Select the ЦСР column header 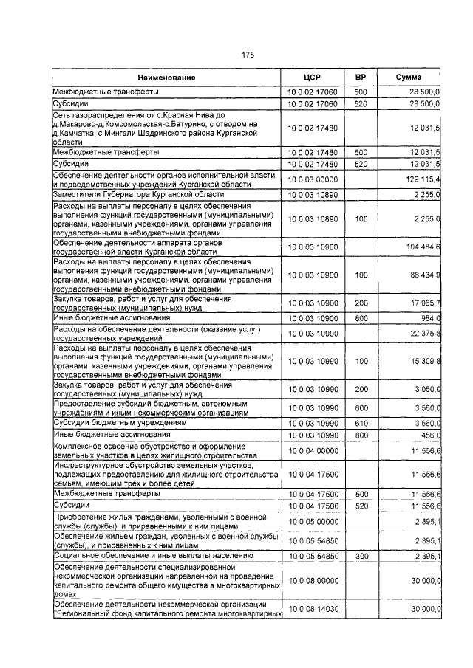(x=311, y=78)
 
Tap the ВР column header (x=361, y=78)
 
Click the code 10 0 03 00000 (x=311, y=179)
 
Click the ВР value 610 (x=361, y=424)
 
